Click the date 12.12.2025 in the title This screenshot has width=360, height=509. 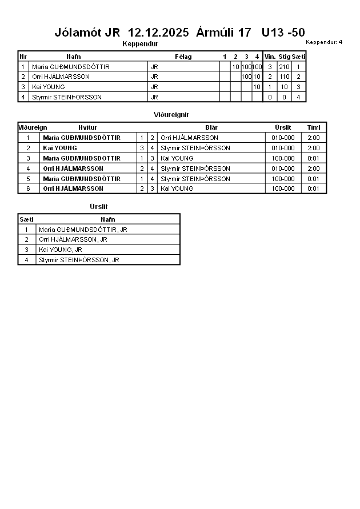click(158, 33)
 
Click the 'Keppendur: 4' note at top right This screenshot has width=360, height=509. click(324, 42)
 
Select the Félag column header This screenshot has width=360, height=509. click(183, 57)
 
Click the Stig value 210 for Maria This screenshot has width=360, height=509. click(284, 67)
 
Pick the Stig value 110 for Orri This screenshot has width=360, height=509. click(284, 77)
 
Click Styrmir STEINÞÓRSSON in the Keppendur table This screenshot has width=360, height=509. click(67, 97)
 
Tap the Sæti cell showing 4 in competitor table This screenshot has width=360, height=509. click(299, 97)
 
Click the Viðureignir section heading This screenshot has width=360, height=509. click(171, 115)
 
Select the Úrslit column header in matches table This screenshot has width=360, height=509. click(283, 127)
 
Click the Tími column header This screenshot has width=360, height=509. click(314, 127)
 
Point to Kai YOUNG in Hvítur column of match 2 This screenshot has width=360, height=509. click(60, 148)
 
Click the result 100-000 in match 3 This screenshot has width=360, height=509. click(283, 158)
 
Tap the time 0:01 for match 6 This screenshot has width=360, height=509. click(314, 189)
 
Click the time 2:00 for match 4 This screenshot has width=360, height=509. click(314, 169)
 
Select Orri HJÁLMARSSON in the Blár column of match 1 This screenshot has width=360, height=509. click(189, 138)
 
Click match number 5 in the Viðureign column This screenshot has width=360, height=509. click(28, 179)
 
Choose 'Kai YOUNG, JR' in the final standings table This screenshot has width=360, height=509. click(61, 250)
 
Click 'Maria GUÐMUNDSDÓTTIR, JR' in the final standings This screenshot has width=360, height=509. click(83, 230)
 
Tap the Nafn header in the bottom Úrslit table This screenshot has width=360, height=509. click(107, 219)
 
